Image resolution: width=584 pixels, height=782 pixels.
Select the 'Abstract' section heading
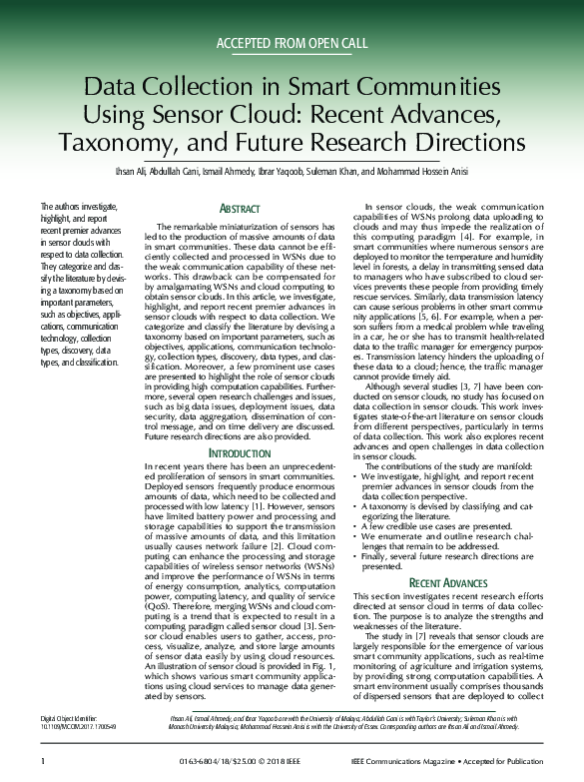239,209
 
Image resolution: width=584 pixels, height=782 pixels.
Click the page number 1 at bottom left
43,761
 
